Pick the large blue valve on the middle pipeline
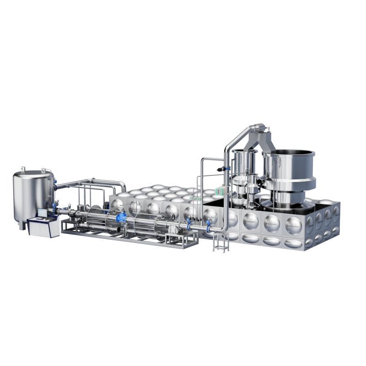coord(121,218)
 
